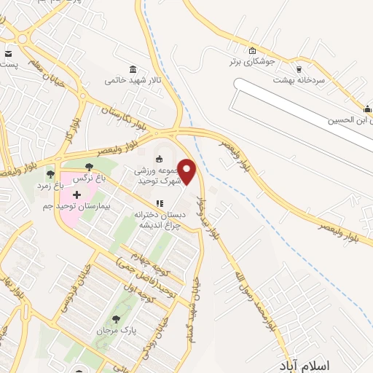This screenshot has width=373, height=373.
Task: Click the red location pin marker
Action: [x=187, y=171]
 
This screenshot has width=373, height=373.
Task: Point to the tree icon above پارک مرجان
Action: [x=116, y=319]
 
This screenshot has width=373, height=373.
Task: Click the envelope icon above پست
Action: [x=8, y=54]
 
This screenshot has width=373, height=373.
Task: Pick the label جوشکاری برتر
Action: [x=252, y=62]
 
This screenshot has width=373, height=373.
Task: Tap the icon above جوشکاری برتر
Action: [x=252, y=51]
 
